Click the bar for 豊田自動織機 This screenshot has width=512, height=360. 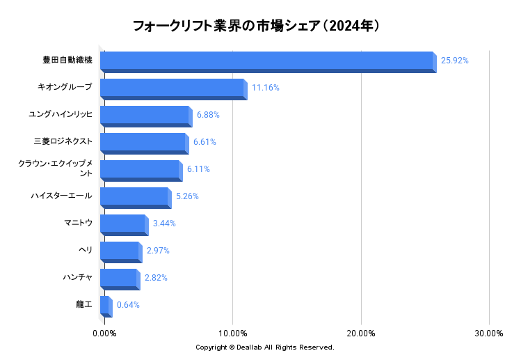click(269, 62)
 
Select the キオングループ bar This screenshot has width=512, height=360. click(174, 89)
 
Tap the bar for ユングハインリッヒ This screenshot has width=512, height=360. click(146, 116)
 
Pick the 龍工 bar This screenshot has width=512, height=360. click(106, 306)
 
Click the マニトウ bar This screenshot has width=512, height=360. click(125, 225)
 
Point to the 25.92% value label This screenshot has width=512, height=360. click(454, 61)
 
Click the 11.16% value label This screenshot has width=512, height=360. click(266, 88)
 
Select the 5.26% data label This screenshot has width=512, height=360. click(187, 196)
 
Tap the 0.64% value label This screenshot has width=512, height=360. click(128, 305)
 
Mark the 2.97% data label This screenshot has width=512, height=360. click(158, 251)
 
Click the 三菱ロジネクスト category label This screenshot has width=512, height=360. click(63, 141)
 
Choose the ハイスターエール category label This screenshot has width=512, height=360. click(62, 196)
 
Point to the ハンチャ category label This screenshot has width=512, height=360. click(78, 277)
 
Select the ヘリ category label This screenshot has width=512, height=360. click(86, 250)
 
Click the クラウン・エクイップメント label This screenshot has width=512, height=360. click(55, 168)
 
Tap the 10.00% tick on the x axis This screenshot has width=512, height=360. click(233, 334)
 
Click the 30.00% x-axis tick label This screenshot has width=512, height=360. click(489, 334)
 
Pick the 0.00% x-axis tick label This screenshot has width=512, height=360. click(104, 334)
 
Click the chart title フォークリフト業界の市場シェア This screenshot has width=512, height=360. click(227, 26)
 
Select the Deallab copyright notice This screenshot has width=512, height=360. click(265, 347)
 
